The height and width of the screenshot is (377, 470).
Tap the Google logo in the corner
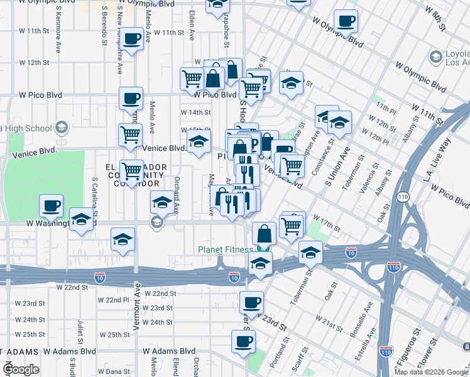point(21,369)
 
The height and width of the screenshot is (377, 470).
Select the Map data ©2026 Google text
point(431,371)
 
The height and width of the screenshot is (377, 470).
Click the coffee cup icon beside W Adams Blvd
point(243,342)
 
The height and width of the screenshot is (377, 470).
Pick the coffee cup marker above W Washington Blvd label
point(51,205)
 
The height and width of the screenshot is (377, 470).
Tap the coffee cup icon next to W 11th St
point(132,39)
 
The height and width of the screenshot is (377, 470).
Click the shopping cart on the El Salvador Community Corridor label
point(131,171)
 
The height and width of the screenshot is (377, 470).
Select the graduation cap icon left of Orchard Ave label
point(162,202)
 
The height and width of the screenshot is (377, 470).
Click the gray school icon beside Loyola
point(435,58)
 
